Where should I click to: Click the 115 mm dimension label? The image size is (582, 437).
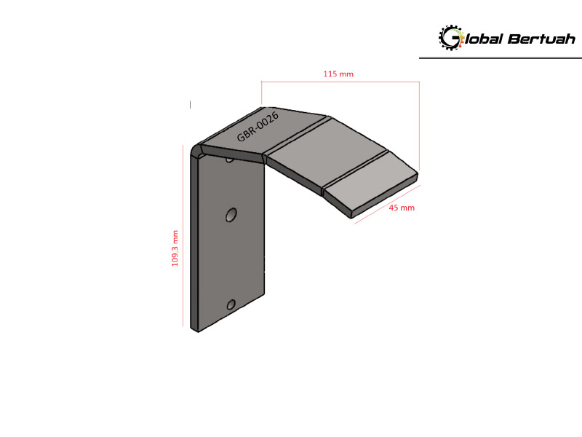(x=338, y=74)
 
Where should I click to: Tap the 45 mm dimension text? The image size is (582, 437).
(x=402, y=208)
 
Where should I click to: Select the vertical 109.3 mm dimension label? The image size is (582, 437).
(x=175, y=248)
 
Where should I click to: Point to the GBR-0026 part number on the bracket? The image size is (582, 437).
(x=258, y=127)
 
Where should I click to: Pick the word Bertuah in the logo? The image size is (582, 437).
(x=541, y=39)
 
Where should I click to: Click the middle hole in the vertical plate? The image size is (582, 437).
(x=231, y=215)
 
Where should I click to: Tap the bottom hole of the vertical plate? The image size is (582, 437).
(x=231, y=304)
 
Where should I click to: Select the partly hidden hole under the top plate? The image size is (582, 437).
(x=230, y=160)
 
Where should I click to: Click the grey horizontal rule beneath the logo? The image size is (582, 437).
(x=501, y=58)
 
